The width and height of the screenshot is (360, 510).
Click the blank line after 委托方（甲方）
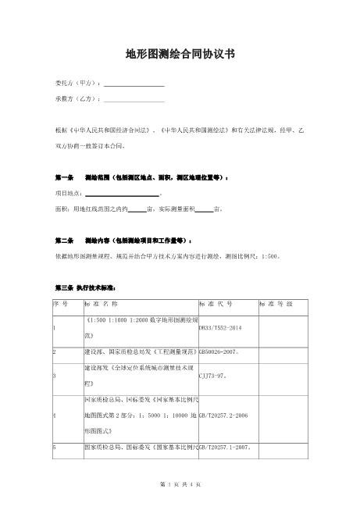(134, 84)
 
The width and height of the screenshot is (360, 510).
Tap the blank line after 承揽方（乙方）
(134, 101)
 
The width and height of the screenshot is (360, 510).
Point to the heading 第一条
(64, 178)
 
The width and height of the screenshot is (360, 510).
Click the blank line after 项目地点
(120, 194)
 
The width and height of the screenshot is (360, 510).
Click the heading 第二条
(64, 240)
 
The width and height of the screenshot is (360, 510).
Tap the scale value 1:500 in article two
(269, 255)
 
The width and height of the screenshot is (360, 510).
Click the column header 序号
(59, 303)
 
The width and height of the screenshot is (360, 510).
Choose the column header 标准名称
(101, 303)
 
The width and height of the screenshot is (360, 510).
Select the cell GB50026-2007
(219, 352)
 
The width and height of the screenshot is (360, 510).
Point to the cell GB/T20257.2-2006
(224, 418)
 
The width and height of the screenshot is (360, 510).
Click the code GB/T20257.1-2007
(225, 448)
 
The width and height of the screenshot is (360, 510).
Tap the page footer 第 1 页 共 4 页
(180, 485)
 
